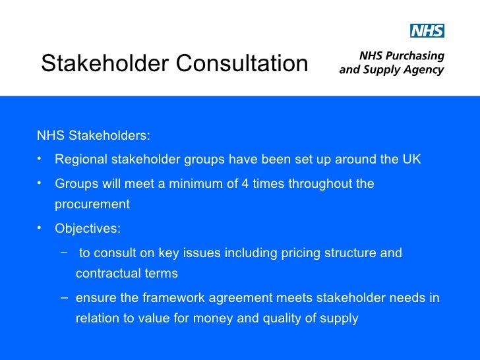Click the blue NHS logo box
[x=427, y=31]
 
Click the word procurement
[x=92, y=204]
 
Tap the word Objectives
[x=88, y=229]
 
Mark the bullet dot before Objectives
[x=40, y=227]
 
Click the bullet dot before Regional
[x=40, y=159]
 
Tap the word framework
[x=156, y=298]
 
